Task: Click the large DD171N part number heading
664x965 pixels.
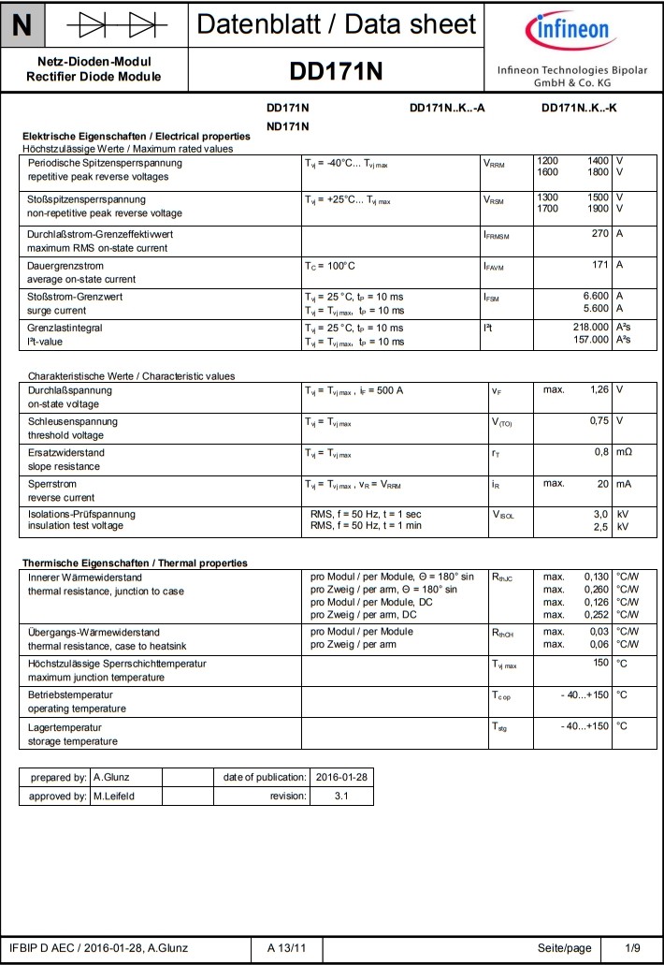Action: tap(336, 72)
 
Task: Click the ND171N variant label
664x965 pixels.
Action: tap(287, 125)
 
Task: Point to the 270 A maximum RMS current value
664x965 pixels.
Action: tap(600, 233)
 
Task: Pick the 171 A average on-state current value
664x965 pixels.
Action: tap(600, 266)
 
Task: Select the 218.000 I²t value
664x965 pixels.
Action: tap(590, 328)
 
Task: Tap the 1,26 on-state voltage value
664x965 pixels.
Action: tap(597, 389)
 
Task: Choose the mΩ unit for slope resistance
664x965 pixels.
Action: tap(624, 453)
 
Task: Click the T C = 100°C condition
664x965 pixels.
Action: tap(330, 266)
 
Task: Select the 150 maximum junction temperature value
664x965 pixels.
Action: tap(600, 663)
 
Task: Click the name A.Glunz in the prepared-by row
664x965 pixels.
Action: tap(111, 777)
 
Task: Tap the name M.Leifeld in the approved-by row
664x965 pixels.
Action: tap(115, 796)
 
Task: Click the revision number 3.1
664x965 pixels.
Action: tap(341, 796)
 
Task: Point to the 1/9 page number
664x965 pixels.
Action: tap(633, 948)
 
